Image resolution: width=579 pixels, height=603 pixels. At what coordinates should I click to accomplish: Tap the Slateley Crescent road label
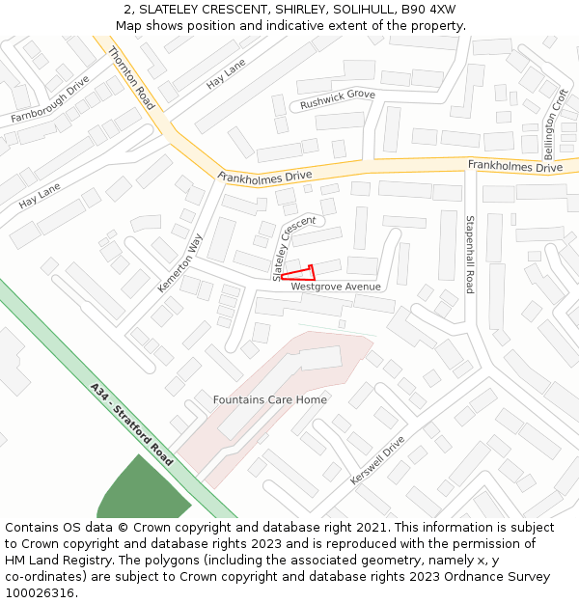(293, 249)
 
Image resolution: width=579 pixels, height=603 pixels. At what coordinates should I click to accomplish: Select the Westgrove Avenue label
(336, 287)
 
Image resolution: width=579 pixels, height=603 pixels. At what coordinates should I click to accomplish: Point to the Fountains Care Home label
(270, 399)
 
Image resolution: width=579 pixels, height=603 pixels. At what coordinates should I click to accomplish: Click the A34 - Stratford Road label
(131, 425)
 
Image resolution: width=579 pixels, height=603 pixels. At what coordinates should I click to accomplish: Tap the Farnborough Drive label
(50, 99)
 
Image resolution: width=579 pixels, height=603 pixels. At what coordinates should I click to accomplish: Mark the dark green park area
(140, 492)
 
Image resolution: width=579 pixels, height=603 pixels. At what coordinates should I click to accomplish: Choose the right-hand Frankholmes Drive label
(515, 167)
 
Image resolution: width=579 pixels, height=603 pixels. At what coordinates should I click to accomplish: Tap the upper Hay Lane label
(226, 74)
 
